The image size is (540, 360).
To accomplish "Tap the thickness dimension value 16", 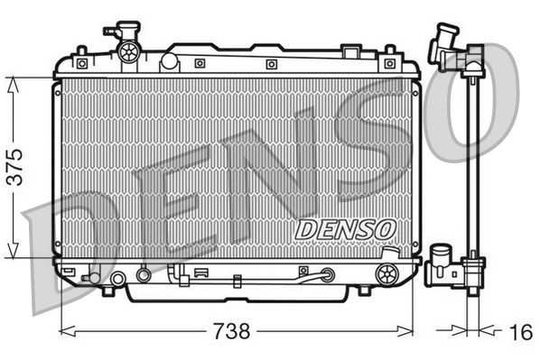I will (x=518, y=332).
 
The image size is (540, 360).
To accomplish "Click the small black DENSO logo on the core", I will (x=345, y=229).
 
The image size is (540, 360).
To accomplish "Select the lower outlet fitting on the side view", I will (x=443, y=263).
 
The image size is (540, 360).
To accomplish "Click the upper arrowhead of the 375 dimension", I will (x=14, y=83).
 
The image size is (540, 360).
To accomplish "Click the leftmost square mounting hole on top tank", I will (x=82, y=63).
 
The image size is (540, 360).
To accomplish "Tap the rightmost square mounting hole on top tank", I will (x=389, y=63).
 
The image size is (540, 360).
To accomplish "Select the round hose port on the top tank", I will (x=168, y=62).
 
